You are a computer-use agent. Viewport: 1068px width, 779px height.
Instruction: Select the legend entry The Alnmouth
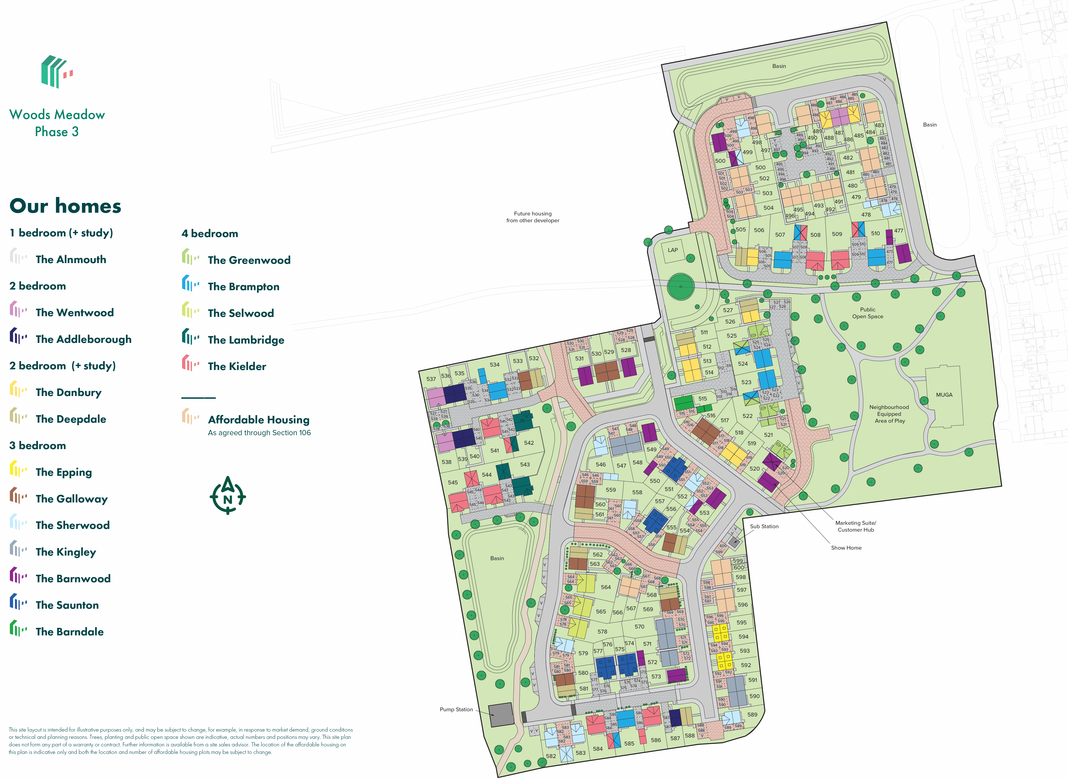pyautogui.click(x=71, y=259)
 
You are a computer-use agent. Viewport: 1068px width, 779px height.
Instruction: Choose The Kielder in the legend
pyautogui.click(x=237, y=366)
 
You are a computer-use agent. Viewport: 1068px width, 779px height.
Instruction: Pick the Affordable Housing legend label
pyautogui.click(x=258, y=420)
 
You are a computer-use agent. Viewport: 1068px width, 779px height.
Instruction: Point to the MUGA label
pyautogui.click(x=944, y=395)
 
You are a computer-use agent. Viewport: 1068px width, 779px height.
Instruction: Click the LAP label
pyautogui.click(x=673, y=250)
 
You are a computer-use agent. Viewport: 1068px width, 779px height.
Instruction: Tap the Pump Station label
pyautogui.click(x=456, y=709)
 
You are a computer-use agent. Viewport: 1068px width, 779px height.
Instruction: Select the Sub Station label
pyautogui.click(x=764, y=526)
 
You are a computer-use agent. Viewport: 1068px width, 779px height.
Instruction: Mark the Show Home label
pyautogui.click(x=846, y=547)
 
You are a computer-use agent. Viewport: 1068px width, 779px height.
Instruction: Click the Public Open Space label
pyautogui.click(x=867, y=313)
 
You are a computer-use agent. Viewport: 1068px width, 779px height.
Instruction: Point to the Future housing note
pyautogui.click(x=533, y=217)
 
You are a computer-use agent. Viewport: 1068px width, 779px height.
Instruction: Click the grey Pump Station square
pyautogui.click(x=501, y=715)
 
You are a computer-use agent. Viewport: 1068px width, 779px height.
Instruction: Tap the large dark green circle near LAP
pyautogui.click(x=681, y=286)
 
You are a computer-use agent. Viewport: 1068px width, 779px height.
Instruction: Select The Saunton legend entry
pyautogui.click(x=67, y=605)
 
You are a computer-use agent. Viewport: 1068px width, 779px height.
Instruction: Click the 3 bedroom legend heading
pyautogui.click(x=38, y=446)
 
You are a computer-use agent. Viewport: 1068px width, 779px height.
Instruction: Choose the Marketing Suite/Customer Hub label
pyautogui.click(x=856, y=526)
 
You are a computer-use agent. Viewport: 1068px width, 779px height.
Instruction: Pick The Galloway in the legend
pyautogui.click(x=72, y=499)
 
